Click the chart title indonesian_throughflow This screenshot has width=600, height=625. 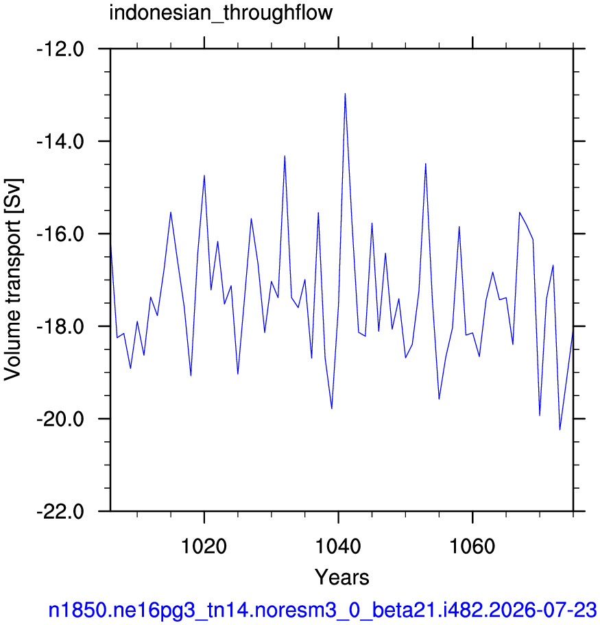click(221, 13)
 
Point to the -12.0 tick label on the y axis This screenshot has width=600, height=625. click(60, 50)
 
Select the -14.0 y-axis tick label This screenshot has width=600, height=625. click(60, 143)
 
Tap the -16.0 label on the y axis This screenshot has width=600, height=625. click(60, 234)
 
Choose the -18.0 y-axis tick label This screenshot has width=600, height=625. click(60, 328)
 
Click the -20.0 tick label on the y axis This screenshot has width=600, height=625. click(60, 419)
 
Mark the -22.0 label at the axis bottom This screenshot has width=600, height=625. click(60, 512)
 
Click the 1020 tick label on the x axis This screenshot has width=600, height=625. click(204, 546)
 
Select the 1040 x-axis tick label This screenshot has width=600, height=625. click(338, 546)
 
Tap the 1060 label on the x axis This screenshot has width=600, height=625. click(472, 546)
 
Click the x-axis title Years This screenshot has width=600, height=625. click(342, 577)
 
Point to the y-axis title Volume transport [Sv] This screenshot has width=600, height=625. click(13, 280)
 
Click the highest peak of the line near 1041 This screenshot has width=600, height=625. click(345, 94)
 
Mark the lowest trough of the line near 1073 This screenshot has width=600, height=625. click(560, 430)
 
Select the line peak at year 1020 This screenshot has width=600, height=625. click(204, 175)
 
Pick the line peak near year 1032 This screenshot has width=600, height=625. click(285, 156)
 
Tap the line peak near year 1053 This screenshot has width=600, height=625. click(426, 164)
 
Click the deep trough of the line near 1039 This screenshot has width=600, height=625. click(331, 408)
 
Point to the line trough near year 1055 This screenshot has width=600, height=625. click(439, 399)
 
